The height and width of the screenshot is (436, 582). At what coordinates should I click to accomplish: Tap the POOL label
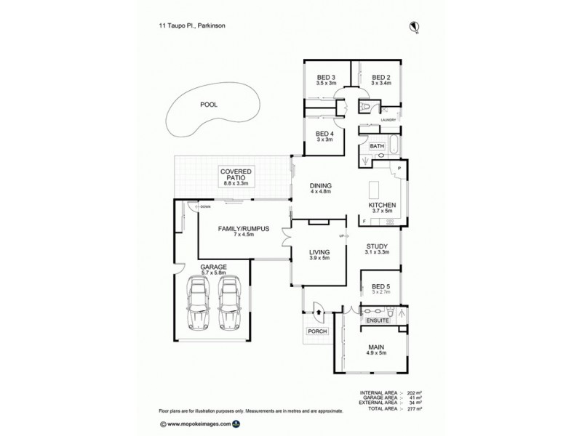coord(209,105)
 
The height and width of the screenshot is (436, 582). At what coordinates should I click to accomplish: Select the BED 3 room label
coord(325,78)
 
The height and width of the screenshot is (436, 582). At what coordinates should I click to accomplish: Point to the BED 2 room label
coord(381,78)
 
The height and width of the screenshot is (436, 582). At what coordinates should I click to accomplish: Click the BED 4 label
coord(324,134)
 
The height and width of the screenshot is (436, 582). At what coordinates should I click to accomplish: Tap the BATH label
coord(376,146)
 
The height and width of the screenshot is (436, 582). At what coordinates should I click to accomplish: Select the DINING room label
coord(321,186)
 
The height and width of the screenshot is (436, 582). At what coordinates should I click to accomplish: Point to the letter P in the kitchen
coord(400,169)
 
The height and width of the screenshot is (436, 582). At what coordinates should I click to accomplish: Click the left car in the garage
coord(198,303)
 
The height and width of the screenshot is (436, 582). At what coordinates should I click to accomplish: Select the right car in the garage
coord(230,303)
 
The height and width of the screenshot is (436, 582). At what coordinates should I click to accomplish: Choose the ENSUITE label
coord(377,320)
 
